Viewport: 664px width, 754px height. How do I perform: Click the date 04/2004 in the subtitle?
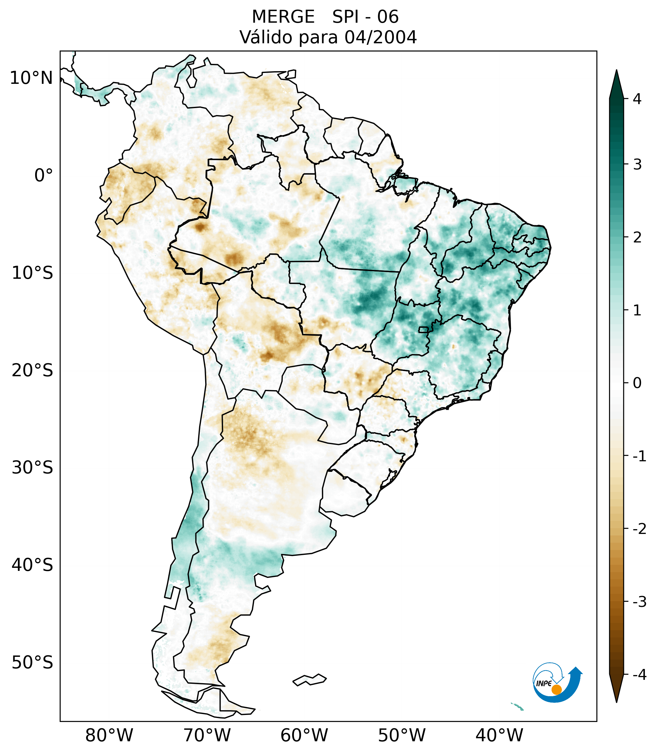[380, 37]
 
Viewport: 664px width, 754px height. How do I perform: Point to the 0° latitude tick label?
[44, 176]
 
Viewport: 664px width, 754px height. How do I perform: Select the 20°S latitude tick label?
[32, 370]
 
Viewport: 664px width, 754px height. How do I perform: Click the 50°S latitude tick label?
[32, 663]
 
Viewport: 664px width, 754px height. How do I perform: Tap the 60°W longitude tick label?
[304, 735]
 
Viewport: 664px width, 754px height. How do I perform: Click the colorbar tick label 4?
[637, 99]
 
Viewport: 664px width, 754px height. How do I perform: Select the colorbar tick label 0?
[637, 383]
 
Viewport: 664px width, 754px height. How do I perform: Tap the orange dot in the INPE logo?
[556, 690]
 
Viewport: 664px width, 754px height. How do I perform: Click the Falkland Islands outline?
[309, 680]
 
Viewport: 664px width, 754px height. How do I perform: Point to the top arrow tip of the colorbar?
[616, 71]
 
